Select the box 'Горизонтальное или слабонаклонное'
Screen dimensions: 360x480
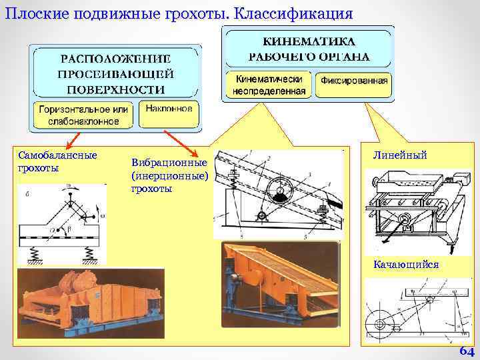point(83,115)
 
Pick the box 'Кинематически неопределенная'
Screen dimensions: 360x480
point(269,84)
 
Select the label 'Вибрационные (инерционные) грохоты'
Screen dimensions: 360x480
point(169,175)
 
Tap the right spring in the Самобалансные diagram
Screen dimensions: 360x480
point(89,252)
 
